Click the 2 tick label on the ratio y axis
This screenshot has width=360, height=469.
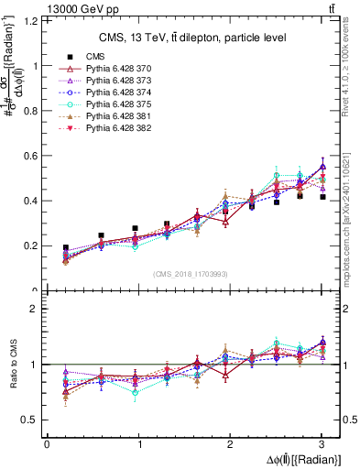click(x=35, y=310)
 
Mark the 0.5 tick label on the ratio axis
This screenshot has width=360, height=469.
click(x=30, y=420)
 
